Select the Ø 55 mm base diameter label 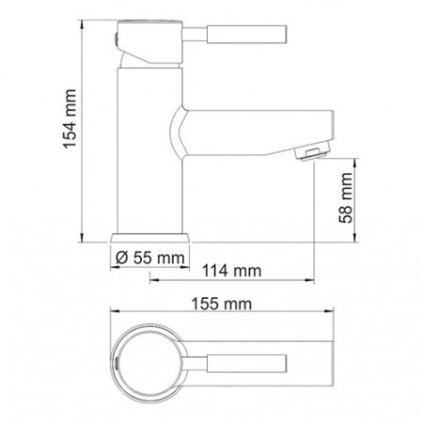coord(150,256)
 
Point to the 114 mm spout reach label coord(230,273)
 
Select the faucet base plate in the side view coord(150,236)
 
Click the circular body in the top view coord(150,363)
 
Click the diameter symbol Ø coord(121,256)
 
